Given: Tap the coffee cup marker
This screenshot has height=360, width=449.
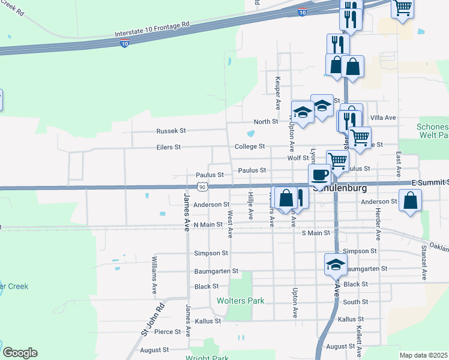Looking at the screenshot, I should click(x=319, y=175).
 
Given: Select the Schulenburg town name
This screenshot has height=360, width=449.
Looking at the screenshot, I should click(x=345, y=187).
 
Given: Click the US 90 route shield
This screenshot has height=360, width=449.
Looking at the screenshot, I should click(x=204, y=187).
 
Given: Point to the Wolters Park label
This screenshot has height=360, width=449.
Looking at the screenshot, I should click(x=240, y=301).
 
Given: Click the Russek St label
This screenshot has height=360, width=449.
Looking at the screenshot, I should click(x=172, y=130).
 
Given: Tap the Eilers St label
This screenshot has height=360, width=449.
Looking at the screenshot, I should click(x=169, y=147).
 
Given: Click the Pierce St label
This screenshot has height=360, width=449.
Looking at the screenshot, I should click(x=167, y=332).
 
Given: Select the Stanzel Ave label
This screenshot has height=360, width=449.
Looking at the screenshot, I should click(x=424, y=262).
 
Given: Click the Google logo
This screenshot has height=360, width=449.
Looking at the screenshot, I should click(x=20, y=352).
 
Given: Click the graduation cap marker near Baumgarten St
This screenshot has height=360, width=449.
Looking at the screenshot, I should click(x=336, y=263).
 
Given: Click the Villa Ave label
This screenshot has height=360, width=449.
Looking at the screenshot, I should click(x=384, y=118).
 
